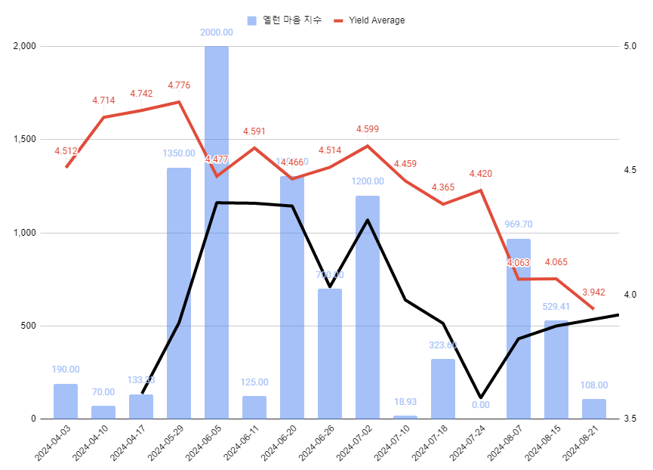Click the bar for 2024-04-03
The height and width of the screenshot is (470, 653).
tap(66, 401)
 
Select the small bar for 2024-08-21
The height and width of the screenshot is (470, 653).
tap(594, 409)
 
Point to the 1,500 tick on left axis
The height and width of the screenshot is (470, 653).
tap(25, 140)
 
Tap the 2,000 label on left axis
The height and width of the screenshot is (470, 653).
tap(25, 46)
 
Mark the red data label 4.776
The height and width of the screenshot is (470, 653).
tap(179, 85)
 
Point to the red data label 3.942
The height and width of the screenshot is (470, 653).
tap(594, 292)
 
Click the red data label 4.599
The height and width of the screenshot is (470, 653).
tap(368, 129)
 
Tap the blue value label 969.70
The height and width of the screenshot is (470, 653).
tap(519, 224)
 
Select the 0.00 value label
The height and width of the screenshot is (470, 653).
tap(481, 404)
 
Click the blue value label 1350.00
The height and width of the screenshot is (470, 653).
tap(179, 153)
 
